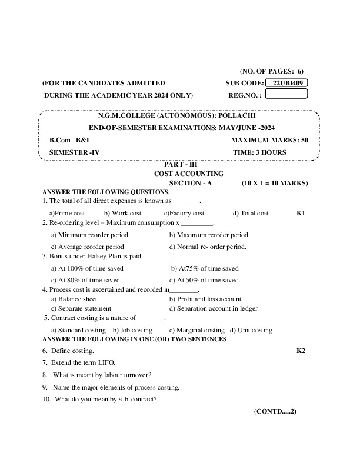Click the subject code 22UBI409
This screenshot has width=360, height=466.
point(286,83)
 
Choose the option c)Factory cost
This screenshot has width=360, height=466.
point(184,212)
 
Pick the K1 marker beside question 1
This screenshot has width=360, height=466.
point(301,212)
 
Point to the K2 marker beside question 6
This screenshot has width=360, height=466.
point(301,351)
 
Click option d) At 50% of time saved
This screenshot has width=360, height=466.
point(204,280)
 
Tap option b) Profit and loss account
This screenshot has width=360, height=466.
point(205,299)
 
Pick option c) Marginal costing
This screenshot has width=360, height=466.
point(196,330)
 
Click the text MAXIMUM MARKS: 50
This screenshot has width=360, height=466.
point(269,140)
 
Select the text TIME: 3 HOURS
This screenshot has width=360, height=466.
point(259,152)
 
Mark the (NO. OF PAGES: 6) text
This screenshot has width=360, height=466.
point(272,70)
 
